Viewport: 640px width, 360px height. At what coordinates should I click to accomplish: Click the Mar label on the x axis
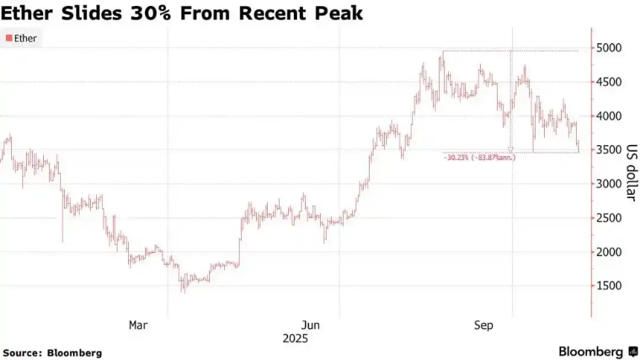[138, 325]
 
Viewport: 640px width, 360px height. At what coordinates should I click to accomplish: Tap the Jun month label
[311, 325]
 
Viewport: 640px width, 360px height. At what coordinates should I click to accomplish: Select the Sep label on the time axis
[484, 325]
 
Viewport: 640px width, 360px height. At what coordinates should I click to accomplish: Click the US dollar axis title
[630, 173]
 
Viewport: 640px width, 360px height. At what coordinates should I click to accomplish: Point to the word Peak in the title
[339, 13]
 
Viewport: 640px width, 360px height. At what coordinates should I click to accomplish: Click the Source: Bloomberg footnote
[52, 352]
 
